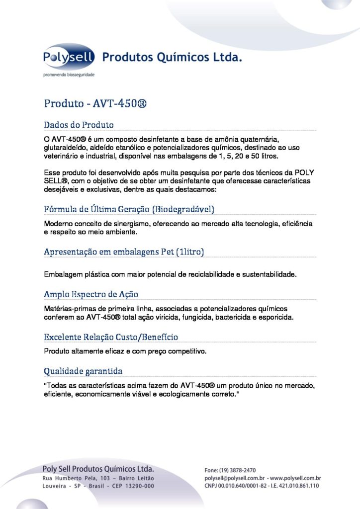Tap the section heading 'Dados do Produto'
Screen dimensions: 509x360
pyautogui.click(x=79, y=124)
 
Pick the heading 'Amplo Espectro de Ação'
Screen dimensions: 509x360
pyautogui.click(x=91, y=294)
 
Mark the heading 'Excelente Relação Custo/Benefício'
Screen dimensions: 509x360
pyautogui.click(x=111, y=338)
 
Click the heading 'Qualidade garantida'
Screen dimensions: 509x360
pyautogui.click(x=83, y=371)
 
